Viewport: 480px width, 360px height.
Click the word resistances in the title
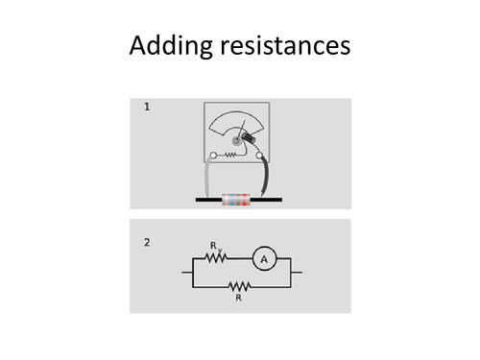coord(287,45)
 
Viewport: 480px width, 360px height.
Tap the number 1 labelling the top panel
coord(146,107)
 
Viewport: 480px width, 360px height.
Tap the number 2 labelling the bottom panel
coord(146,242)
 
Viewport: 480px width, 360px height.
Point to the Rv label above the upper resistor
coord(216,247)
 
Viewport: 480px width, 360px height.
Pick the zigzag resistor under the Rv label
coord(217,259)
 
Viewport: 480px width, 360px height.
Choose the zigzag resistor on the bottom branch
coord(238,286)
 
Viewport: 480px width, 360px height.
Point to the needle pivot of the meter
coord(234,140)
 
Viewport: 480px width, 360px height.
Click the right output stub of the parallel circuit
coord(298,273)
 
